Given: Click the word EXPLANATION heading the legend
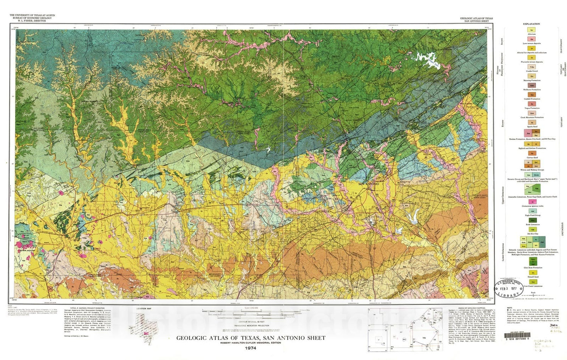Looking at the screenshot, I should coord(531,24).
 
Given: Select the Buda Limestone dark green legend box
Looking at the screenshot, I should coord(533,220).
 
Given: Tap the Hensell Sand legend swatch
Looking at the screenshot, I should coord(533,273).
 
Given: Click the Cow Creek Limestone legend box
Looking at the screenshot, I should coord(533,282).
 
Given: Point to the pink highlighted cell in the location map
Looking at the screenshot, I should coord(146,333).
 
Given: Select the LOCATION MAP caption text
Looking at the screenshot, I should coord(144,309).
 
